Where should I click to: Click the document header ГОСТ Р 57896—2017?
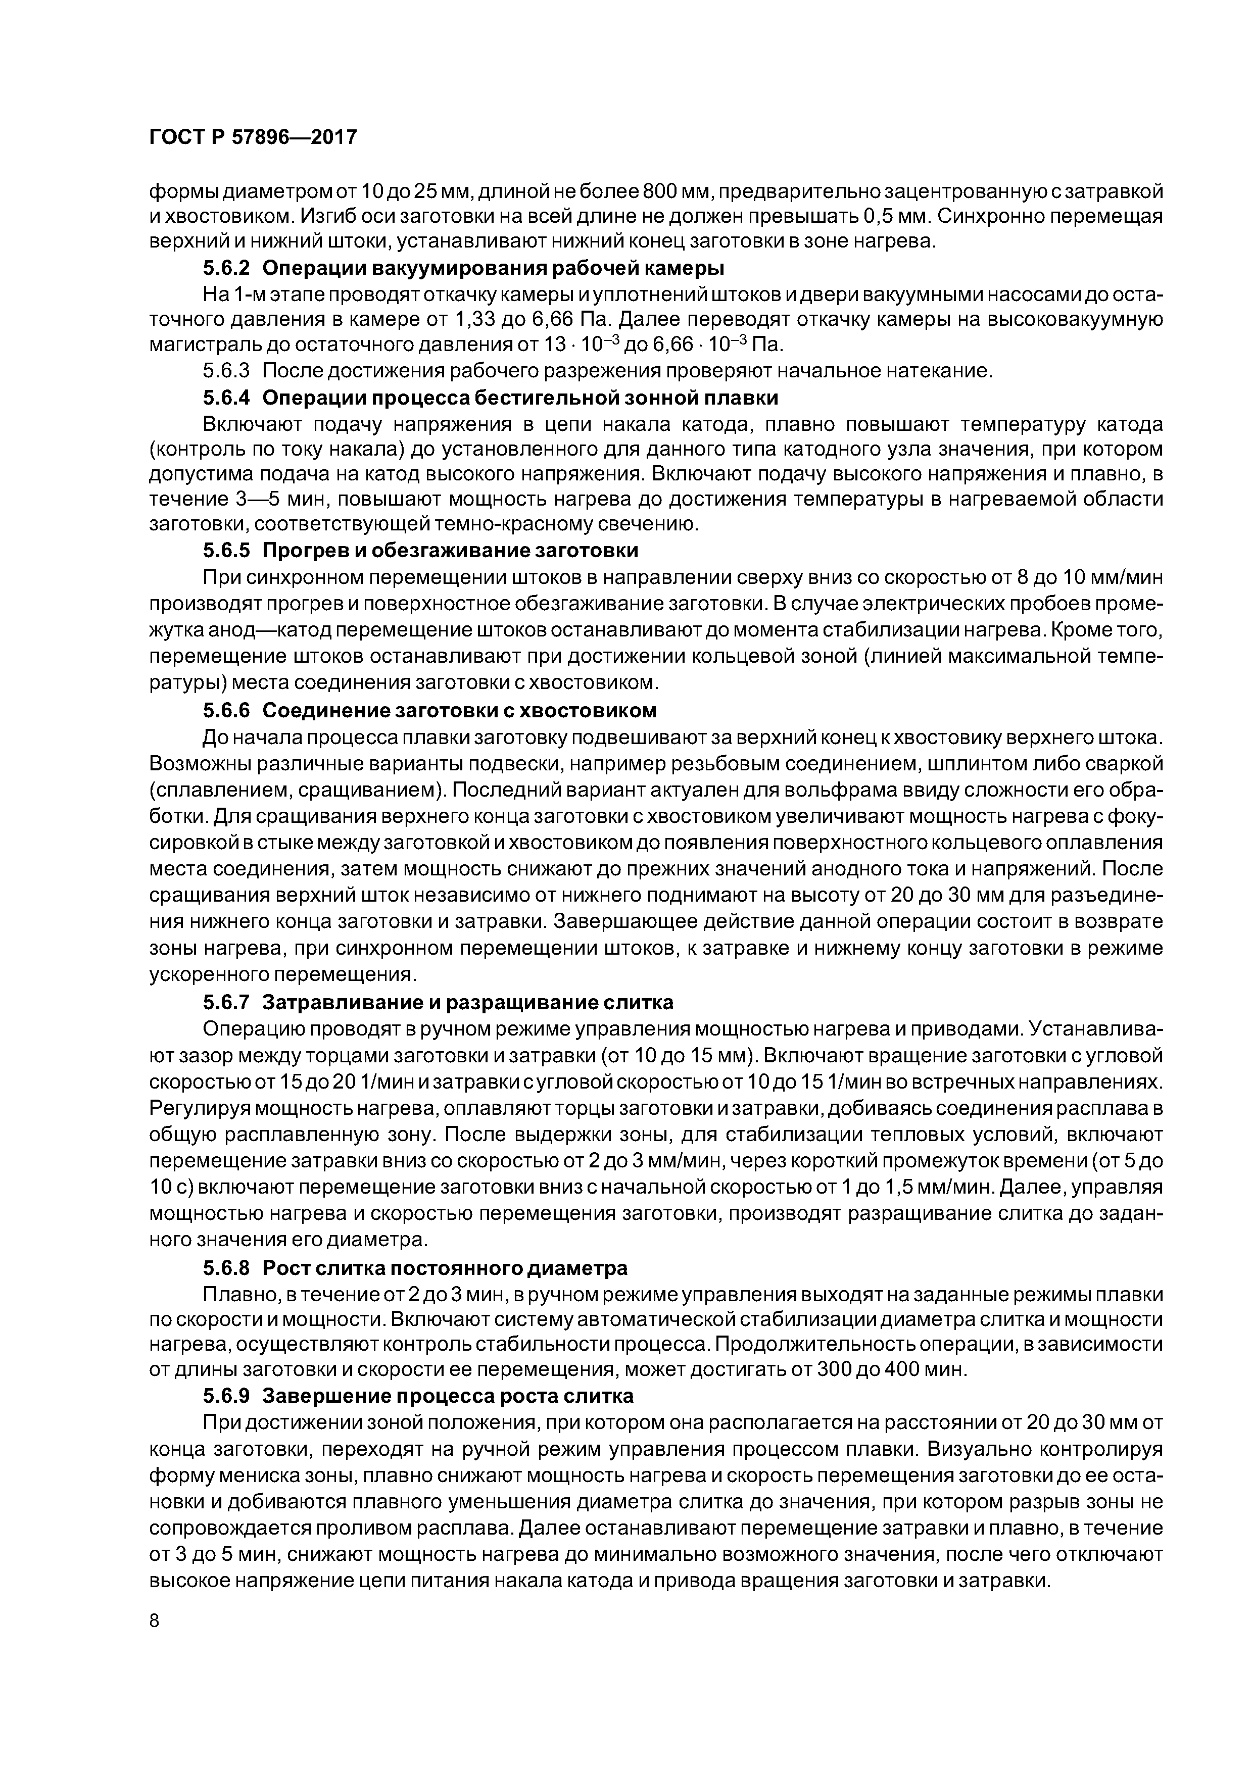tap(253, 137)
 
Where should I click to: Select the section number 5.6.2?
tap(227, 269)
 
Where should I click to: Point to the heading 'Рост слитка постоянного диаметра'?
tap(445, 1268)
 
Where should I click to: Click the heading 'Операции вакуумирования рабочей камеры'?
tap(493, 269)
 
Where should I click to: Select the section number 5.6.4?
tap(227, 398)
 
